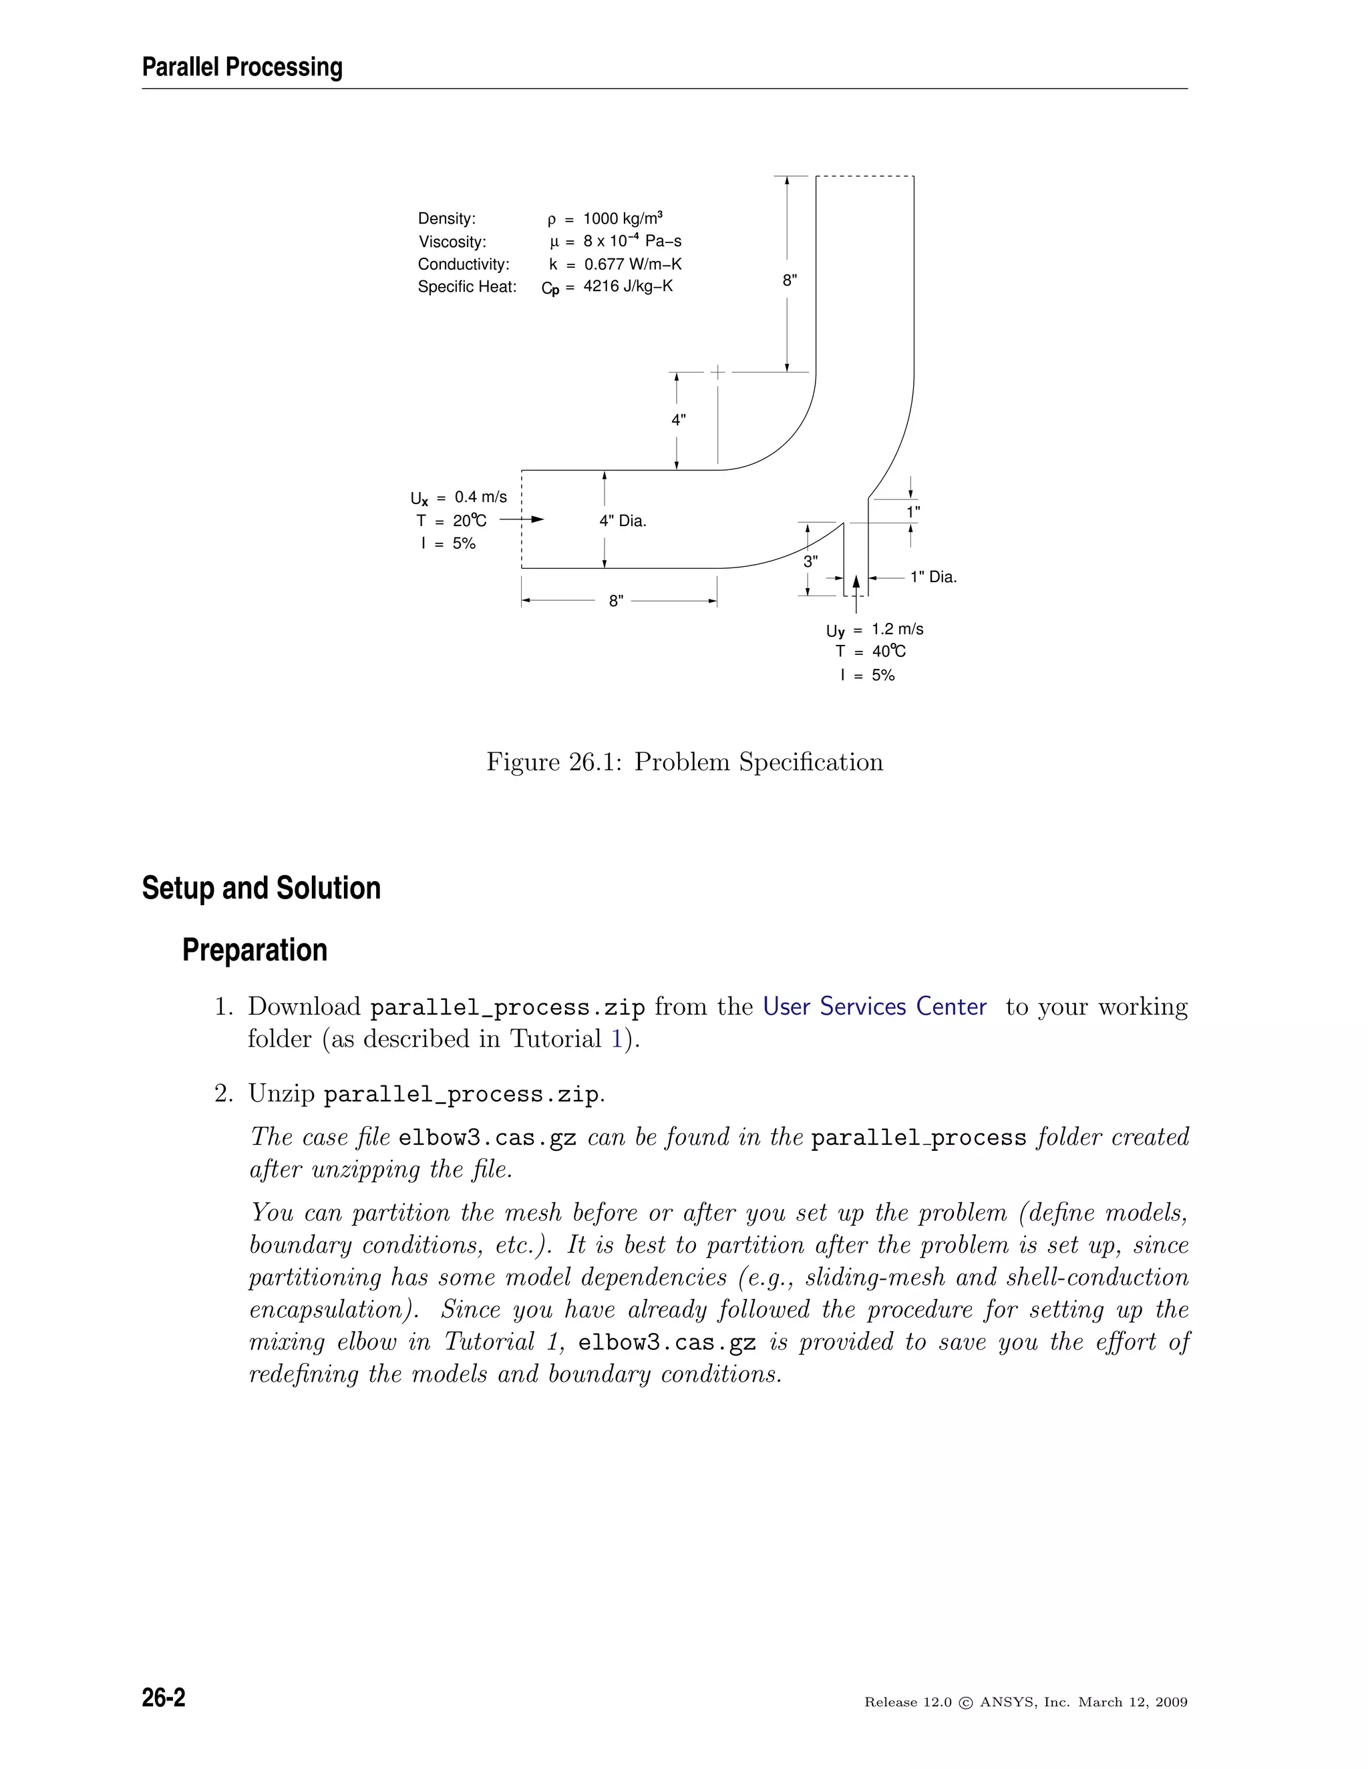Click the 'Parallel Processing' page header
coord(242,67)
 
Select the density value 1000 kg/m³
coord(623,219)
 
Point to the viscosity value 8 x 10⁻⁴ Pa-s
coord(632,242)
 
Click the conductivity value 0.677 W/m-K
coord(633,264)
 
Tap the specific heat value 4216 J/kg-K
coord(628,287)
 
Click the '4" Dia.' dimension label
coord(623,521)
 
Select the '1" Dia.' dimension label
coord(932,577)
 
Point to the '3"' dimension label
coord(810,561)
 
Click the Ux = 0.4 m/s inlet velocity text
coord(459,497)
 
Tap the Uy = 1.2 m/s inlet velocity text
coord(874,629)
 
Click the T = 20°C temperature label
coord(452,521)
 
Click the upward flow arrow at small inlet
coord(856,585)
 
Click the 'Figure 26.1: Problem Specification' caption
coord(684,762)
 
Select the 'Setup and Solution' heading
coord(261,888)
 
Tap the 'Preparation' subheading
coord(254,950)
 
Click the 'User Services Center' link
coord(874,1007)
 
